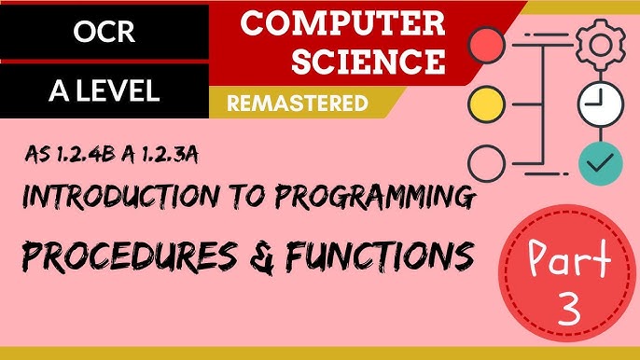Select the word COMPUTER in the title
342,25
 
